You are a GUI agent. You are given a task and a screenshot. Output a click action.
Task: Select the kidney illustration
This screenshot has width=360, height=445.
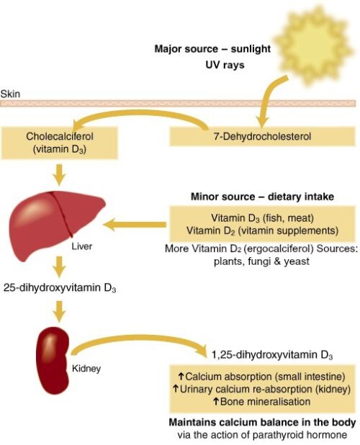coord(53,361)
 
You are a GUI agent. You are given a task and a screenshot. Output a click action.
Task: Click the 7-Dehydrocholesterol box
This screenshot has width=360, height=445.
coord(262,137)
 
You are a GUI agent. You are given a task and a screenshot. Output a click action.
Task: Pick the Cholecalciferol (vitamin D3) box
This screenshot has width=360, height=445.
coord(60,143)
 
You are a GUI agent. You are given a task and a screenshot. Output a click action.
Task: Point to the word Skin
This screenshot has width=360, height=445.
coord(11,94)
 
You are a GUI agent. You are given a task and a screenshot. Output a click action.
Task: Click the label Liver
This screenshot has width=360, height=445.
coord(81,246)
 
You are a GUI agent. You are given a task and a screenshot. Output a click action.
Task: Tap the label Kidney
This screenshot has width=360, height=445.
coord(86,369)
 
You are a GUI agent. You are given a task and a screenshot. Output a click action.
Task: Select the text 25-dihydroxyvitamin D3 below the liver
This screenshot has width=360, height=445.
coord(60,288)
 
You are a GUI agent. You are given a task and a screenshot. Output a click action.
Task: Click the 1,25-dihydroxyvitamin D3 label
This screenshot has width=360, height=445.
coord(272,355)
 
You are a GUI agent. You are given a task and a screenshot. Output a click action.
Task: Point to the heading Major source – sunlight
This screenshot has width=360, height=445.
coord(212,49)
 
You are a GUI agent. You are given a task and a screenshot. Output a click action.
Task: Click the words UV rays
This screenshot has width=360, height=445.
coord(225,65)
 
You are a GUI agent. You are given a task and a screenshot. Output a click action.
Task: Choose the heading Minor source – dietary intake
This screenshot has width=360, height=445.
coord(262,197)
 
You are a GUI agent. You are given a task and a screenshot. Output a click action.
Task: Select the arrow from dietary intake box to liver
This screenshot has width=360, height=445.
coord(135,225)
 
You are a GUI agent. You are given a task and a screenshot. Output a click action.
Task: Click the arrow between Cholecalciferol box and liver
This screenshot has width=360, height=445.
coord(59,175)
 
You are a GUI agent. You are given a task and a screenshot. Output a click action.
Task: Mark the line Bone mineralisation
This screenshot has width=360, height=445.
coord(261,402)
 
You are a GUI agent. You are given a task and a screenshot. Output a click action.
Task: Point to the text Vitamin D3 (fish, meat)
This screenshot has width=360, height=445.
coord(262,218)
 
